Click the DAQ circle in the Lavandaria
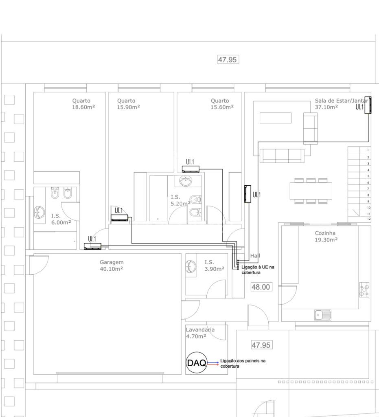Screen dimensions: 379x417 point(196,362)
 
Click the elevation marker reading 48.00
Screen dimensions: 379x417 point(261,287)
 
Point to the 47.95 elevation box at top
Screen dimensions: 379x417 point(228,59)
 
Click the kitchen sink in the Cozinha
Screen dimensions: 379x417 point(323,315)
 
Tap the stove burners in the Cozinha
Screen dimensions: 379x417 point(364,290)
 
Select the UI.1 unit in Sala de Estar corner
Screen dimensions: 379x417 point(368,105)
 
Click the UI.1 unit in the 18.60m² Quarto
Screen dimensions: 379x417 point(92,246)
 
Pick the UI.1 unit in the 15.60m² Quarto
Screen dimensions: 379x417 point(191,169)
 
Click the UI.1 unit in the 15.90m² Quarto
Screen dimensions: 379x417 point(119,217)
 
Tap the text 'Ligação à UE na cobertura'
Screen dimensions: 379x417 point(258,270)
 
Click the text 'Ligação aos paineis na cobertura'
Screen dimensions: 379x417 point(243,363)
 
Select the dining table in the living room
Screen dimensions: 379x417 point(311,191)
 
